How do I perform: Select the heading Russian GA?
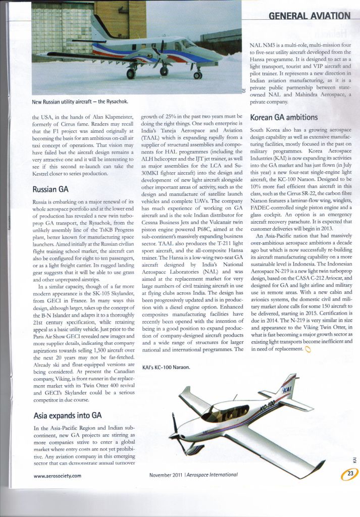tap(50, 190)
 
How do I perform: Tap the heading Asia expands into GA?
tap(67, 416)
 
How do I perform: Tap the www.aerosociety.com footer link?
tap(58, 475)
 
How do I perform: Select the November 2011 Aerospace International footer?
tap(193, 475)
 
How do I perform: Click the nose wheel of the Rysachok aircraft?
tap(197, 75)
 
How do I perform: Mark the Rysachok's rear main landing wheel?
tap(131, 74)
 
